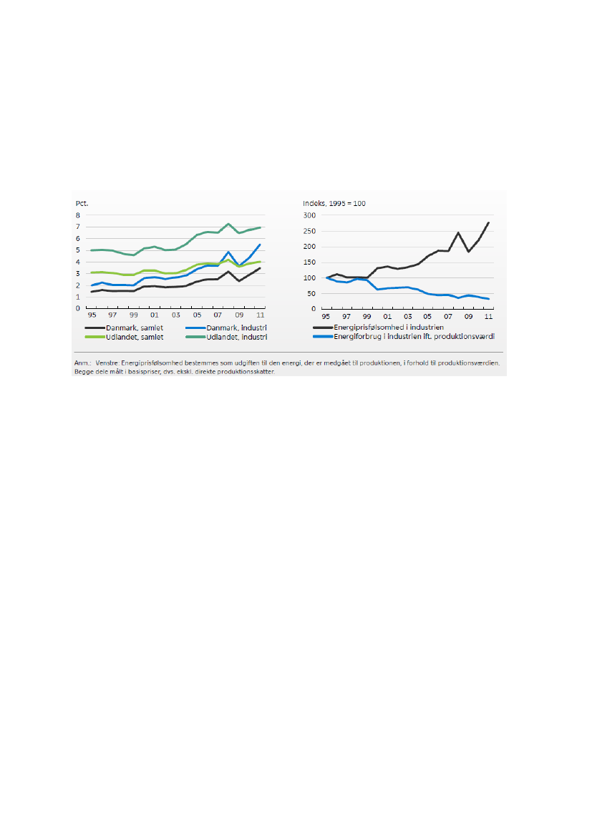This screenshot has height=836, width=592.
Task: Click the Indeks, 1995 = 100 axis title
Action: (334, 204)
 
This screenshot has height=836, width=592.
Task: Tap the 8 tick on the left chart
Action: (78, 215)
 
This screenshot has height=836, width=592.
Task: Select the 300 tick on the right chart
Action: (310, 215)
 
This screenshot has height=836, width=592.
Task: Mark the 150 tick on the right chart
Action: (310, 262)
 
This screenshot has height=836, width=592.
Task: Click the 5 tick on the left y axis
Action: (78, 250)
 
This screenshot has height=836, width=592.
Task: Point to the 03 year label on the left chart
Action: (175, 315)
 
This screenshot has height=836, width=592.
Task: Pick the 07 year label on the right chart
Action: (447, 315)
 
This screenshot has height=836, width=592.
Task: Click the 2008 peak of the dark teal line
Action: (228, 224)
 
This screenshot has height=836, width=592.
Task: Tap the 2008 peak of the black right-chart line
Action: (457, 232)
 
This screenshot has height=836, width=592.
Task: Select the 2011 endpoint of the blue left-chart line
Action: (259, 245)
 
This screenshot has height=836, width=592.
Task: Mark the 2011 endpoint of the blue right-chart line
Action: (488, 299)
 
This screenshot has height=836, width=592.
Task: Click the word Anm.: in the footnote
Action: (82, 363)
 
